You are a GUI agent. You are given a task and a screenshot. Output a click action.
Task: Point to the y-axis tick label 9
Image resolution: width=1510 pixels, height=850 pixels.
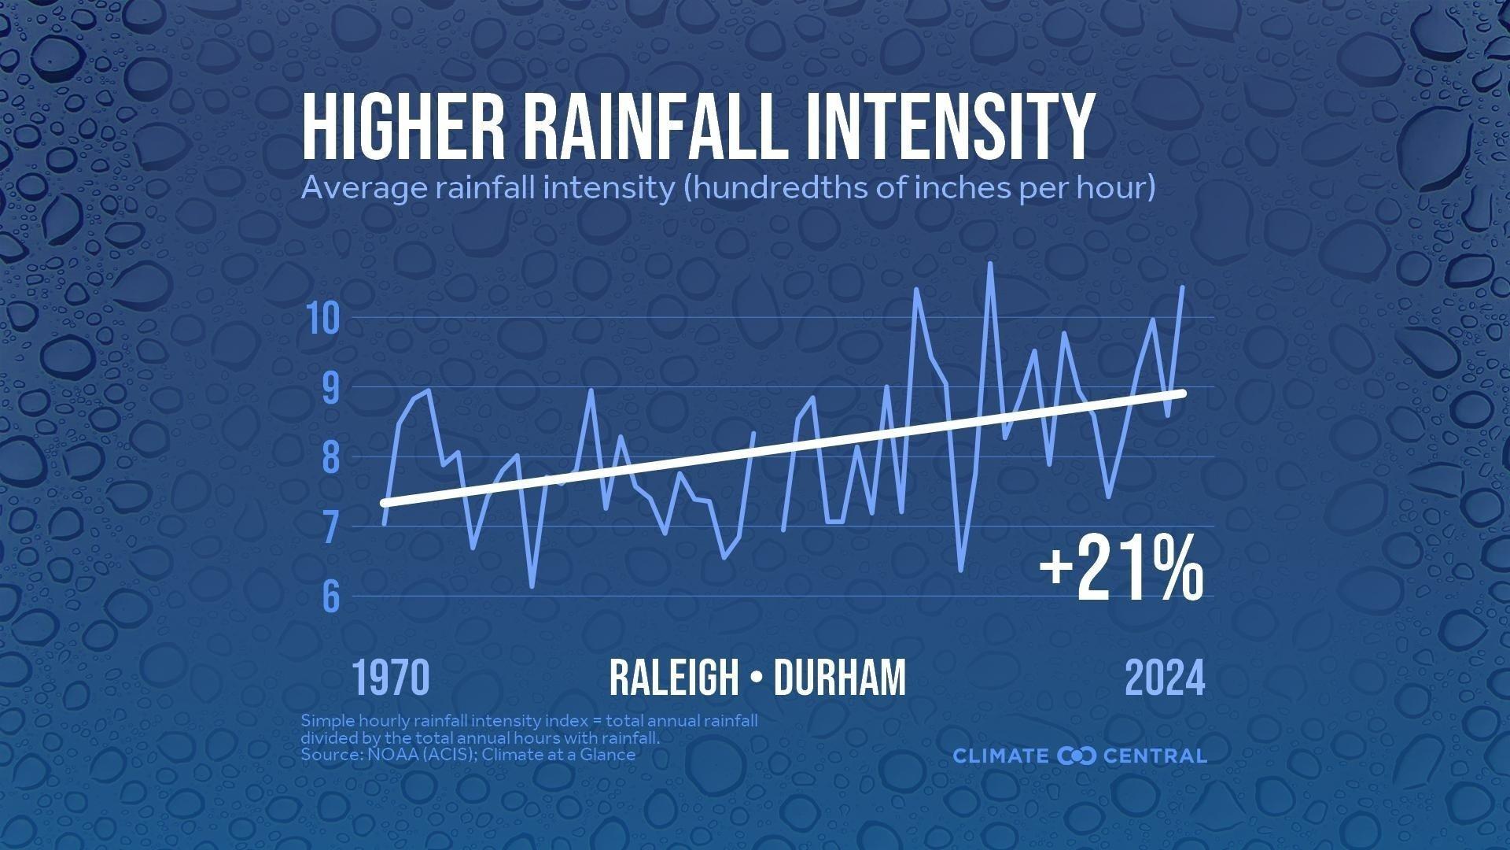tap(330, 387)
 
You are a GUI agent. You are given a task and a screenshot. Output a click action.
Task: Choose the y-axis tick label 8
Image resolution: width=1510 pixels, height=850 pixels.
tap(330, 457)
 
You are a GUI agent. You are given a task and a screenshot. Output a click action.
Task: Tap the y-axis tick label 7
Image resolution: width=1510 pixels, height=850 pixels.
tap(330, 527)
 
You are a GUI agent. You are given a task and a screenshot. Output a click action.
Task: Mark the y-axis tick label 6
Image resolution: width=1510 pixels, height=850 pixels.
tap(330, 597)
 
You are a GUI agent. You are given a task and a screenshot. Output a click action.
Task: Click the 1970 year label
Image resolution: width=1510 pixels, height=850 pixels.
tap(391, 678)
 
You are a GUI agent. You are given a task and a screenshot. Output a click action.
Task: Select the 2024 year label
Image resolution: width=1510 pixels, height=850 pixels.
tap(1165, 678)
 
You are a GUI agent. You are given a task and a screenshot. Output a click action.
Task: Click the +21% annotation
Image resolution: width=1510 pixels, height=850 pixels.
tap(1121, 568)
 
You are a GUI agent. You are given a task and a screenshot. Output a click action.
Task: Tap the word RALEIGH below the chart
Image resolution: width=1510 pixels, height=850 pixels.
tap(674, 678)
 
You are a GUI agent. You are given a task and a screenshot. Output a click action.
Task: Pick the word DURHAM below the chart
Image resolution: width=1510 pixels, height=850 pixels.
tap(839, 678)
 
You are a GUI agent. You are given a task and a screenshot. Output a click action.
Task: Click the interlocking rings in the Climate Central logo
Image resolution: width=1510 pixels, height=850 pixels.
tap(1077, 756)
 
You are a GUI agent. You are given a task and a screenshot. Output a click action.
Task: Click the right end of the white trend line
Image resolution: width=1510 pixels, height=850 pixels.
tap(1182, 392)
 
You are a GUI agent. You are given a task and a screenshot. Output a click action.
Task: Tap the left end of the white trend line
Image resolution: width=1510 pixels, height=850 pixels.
tap(384, 502)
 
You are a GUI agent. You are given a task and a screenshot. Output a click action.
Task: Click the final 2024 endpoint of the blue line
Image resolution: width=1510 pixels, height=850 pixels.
tap(1182, 287)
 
